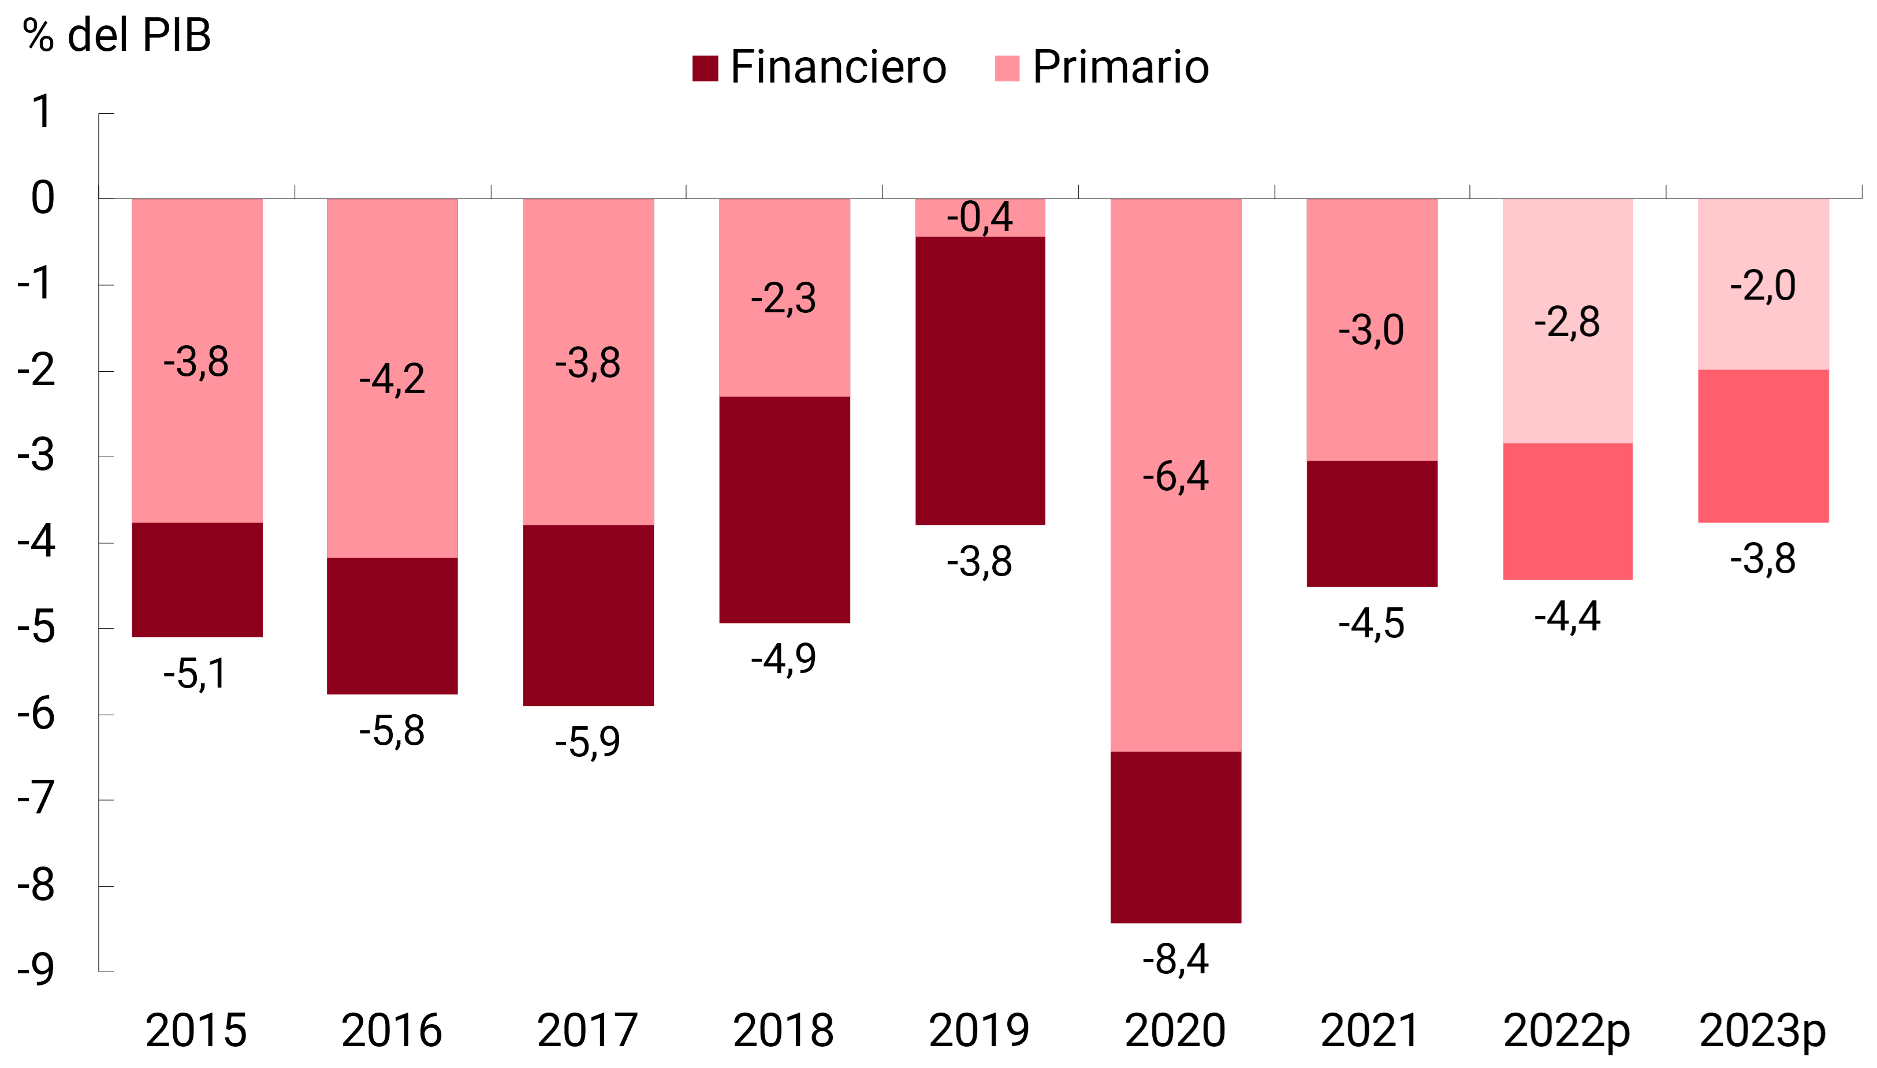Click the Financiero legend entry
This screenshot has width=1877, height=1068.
[x=819, y=68]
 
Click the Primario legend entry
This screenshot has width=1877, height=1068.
[x=1102, y=68]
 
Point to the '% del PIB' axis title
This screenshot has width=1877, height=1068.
[x=117, y=35]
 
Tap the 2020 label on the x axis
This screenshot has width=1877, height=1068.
[x=1175, y=1030]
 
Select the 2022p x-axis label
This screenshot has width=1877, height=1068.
[x=1567, y=1030]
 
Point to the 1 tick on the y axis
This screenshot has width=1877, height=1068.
[x=43, y=112]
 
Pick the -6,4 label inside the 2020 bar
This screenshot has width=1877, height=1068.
[x=1175, y=476]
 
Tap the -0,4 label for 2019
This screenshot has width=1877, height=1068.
[x=980, y=217]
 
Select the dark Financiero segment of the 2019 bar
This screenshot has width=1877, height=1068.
[x=980, y=380]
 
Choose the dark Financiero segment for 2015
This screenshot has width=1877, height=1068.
[x=197, y=580]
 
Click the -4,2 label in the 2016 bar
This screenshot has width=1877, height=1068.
[x=392, y=379]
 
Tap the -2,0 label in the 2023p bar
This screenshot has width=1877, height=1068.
[x=1763, y=285]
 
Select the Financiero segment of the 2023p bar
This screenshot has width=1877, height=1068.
[x=1763, y=446]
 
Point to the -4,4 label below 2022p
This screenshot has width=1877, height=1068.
[x=1567, y=616]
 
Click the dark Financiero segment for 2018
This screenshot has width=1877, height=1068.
[x=784, y=510]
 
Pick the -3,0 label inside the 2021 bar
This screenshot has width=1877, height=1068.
[x=1370, y=330]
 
